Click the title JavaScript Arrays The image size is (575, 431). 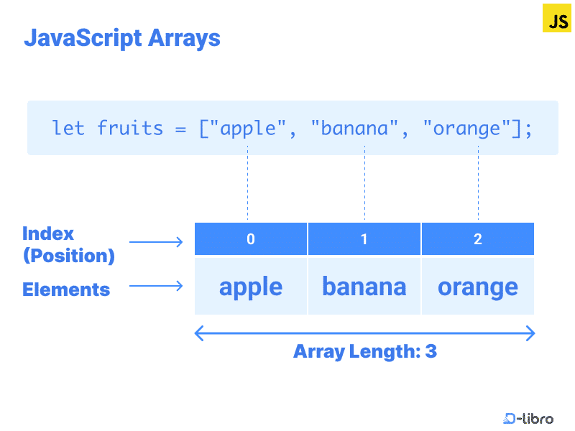coord(122,37)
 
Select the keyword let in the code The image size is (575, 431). coord(68,129)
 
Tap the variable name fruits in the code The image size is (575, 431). coord(130,129)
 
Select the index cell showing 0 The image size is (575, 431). coord(251,239)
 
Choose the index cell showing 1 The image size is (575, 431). coord(364,239)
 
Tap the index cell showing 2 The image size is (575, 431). coord(478,239)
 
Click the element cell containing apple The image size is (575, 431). coord(251,287)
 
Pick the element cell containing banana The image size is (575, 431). coord(364,287)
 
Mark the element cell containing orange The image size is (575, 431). coord(478,287)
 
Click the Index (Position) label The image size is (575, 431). coord(68,244)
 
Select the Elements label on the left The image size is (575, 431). coord(66,289)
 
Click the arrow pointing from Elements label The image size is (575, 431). coord(156,287)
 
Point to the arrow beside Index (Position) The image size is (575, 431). coord(156,242)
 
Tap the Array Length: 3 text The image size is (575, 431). coord(365,352)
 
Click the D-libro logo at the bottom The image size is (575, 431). coord(528,418)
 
